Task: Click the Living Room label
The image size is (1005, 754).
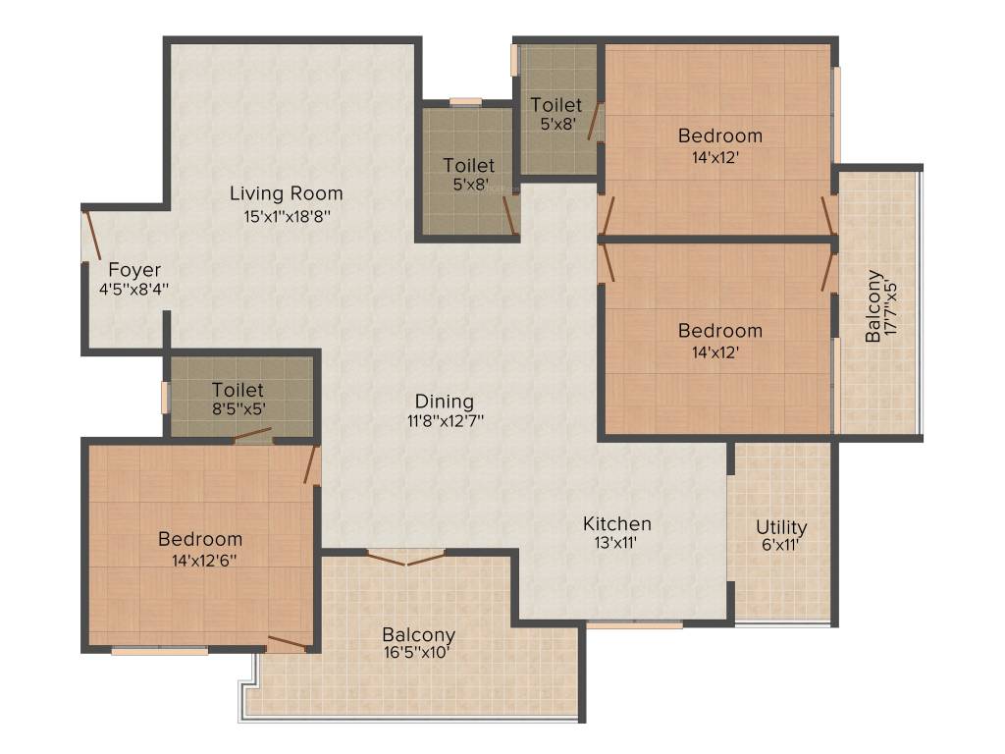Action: (287, 192)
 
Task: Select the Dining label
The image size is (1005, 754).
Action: (445, 402)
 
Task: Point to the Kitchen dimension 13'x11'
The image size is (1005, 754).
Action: (616, 543)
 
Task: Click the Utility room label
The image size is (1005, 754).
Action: (781, 527)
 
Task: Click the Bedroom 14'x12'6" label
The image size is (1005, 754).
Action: (200, 539)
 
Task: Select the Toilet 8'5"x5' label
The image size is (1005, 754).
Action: (238, 390)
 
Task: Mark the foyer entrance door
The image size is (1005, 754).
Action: (91, 237)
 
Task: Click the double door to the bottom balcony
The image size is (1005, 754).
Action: (405, 558)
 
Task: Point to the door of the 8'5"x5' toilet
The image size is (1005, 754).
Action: (253, 435)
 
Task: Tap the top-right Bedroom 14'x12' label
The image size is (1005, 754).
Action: (719, 135)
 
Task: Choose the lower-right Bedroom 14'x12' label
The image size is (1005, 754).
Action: (719, 331)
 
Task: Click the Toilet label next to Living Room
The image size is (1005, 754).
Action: (468, 166)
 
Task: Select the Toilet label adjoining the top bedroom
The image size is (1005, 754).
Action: (556, 105)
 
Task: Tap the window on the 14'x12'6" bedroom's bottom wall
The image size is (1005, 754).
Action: (159, 649)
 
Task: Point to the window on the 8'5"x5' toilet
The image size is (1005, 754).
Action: (166, 397)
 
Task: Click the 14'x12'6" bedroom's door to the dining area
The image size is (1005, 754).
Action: (312, 464)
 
